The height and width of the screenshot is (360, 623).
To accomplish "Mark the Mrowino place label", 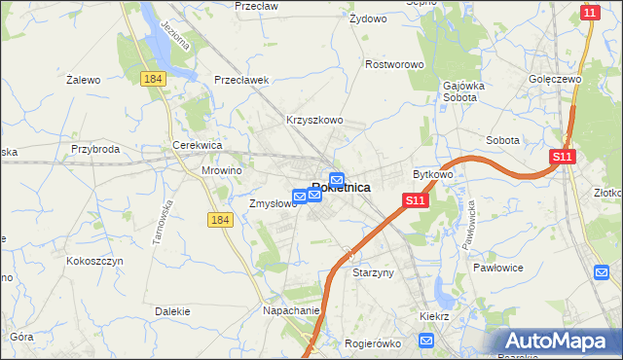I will click(221, 169).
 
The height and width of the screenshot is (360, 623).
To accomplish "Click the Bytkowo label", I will click(433, 174).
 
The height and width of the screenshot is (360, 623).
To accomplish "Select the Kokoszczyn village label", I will click(92, 261).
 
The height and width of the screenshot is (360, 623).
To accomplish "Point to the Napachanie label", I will click(291, 310).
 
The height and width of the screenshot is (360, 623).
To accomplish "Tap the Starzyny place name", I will click(373, 273).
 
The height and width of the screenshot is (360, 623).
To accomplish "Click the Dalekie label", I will click(171, 311).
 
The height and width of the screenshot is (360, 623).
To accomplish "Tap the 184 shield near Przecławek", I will click(151, 78).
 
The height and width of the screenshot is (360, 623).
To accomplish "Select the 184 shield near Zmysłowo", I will click(220, 221).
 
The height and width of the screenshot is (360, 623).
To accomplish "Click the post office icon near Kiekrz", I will click(426, 340).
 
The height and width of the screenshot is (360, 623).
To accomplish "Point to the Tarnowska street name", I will click(162, 221).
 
